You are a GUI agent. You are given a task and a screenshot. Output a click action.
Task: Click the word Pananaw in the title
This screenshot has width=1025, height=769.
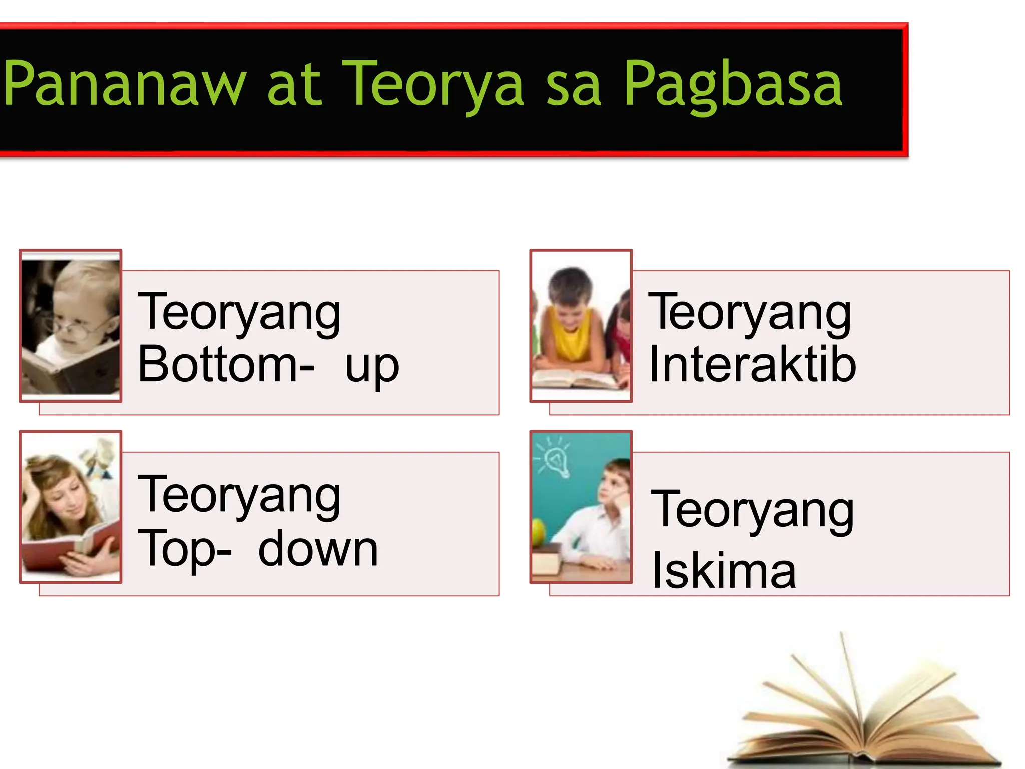coord(125,84)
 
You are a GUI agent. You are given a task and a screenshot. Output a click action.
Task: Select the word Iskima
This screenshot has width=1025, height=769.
coord(724,571)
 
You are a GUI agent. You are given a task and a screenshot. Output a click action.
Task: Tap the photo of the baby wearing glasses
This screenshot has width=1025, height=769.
coord(71,325)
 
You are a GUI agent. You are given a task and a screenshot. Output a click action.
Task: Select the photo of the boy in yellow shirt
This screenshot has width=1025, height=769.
coord(581,325)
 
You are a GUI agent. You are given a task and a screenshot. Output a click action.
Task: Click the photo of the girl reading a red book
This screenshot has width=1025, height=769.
coord(71,507)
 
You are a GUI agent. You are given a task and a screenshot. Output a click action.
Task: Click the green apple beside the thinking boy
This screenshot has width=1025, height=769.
coord(538,532)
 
